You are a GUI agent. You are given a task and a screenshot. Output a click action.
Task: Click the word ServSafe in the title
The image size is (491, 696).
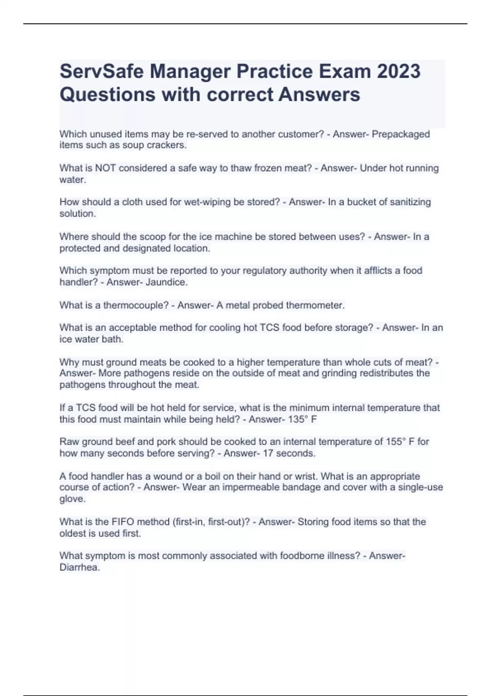(x=101, y=71)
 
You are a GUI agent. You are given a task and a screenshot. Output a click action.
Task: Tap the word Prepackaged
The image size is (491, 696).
(x=401, y=134)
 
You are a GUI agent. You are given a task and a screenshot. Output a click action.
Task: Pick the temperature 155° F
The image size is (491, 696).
(x=400, y=442)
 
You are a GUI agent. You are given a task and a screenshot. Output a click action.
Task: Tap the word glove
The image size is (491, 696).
(x=72, y=499)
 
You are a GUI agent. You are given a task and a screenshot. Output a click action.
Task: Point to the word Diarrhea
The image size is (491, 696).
(x=79, y=568)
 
